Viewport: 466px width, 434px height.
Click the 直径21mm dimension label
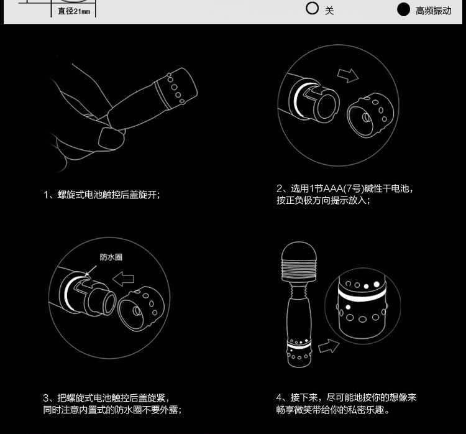pyautogui.click(x=74, y=11)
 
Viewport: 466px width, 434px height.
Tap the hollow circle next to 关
pyautogui.click(x=312, y=8)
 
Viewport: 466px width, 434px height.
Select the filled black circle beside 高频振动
pyautogui.click(x=403, y=9)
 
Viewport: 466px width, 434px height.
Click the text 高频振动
pyautogui.click(x=433, y=11)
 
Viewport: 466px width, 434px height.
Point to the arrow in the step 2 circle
pyautogui.click(x=348, y=76)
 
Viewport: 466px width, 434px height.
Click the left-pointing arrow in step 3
pyautogui.click(x=124, y=279)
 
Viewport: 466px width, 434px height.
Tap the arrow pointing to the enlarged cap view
pyautogui.click(x=329, y=346)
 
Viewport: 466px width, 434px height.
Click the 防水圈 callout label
pyautogui.click(x=111, y=257)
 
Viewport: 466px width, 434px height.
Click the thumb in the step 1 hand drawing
pyautogui.click(x=111, y=138)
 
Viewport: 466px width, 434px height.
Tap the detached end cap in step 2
pyautogui.click(x=370, y=115)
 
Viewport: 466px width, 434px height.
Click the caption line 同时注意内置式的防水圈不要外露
pyautogui.click(x=112, y=410)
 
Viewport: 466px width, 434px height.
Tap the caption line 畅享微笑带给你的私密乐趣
pyautogui.click(x=332, y=410)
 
